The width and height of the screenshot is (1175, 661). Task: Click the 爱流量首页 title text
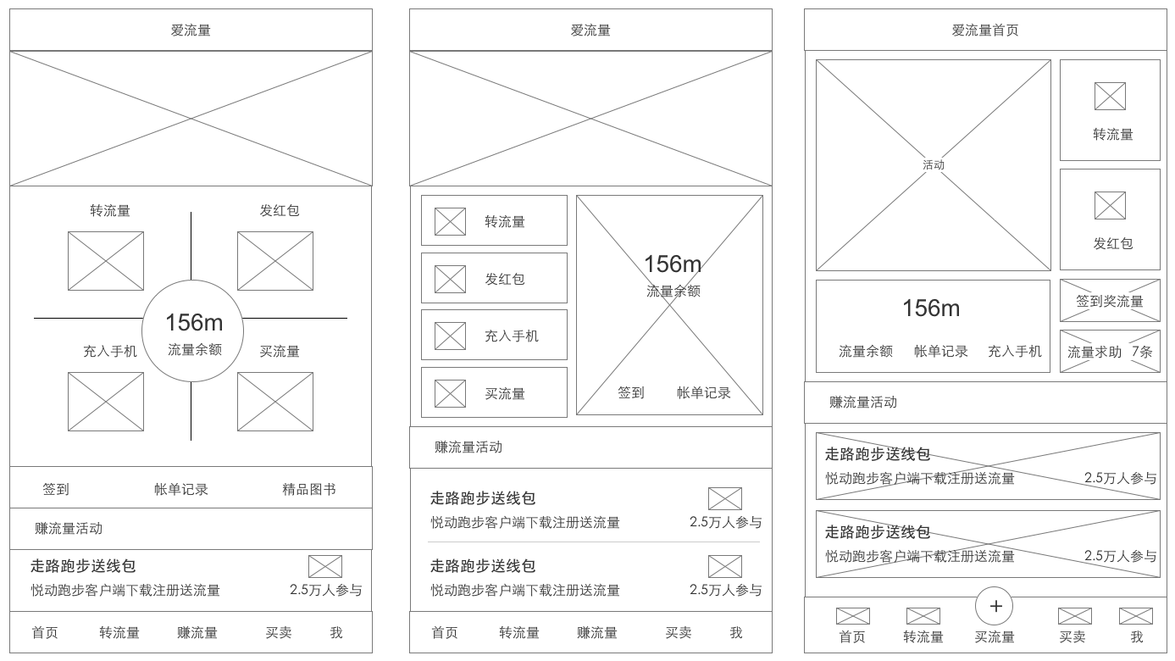pos(985,31)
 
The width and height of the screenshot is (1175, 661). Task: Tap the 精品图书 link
pos(309,489)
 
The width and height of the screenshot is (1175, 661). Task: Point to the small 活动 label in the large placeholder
pos(934,165)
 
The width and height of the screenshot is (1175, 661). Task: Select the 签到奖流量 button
pos(1110,301)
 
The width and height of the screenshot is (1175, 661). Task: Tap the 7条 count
pos(1142,352)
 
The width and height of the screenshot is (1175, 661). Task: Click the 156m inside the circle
pos(194,323)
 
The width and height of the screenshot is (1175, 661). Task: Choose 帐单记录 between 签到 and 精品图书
pos(181,489)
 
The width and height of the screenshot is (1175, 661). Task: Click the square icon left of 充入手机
pos(450,336)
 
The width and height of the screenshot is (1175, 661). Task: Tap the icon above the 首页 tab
pos(852,616)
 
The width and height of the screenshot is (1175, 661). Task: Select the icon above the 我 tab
pos(1136,616)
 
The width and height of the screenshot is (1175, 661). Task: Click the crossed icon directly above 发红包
pos(1110,205)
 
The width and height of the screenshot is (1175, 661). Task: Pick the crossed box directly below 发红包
pos(274,261)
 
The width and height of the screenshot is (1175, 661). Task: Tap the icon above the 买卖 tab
pos(1075,616)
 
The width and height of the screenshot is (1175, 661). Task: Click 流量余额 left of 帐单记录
pos(866,352)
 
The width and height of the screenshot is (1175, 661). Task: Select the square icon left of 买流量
pos(450,393)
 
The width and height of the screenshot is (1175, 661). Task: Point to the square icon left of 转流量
pos(450,221)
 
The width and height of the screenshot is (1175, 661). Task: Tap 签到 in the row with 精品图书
pos(56,489)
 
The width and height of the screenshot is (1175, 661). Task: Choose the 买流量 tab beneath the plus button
pos(995,636)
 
